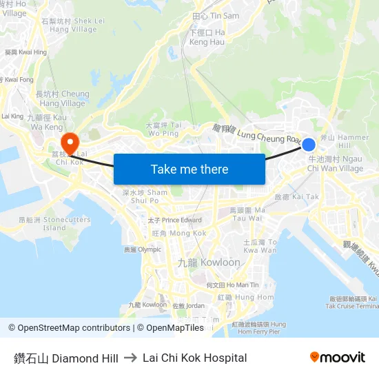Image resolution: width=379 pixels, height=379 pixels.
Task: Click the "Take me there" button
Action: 189,170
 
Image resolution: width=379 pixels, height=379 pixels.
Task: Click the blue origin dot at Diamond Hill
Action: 309,145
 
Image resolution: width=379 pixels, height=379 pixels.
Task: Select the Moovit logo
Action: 338,357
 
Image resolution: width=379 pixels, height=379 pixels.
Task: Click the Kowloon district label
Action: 209,263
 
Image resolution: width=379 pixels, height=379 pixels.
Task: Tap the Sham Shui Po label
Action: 145,196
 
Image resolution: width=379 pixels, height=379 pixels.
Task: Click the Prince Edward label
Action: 174,221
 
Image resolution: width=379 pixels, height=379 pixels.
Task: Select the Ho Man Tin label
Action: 232,285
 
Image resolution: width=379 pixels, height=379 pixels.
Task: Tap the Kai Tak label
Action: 297,197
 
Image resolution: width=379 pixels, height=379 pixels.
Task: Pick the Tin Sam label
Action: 216,16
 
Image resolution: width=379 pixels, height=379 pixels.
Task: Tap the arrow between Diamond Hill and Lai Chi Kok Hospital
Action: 130,358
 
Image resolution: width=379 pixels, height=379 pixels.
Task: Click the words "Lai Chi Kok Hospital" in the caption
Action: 194,358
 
